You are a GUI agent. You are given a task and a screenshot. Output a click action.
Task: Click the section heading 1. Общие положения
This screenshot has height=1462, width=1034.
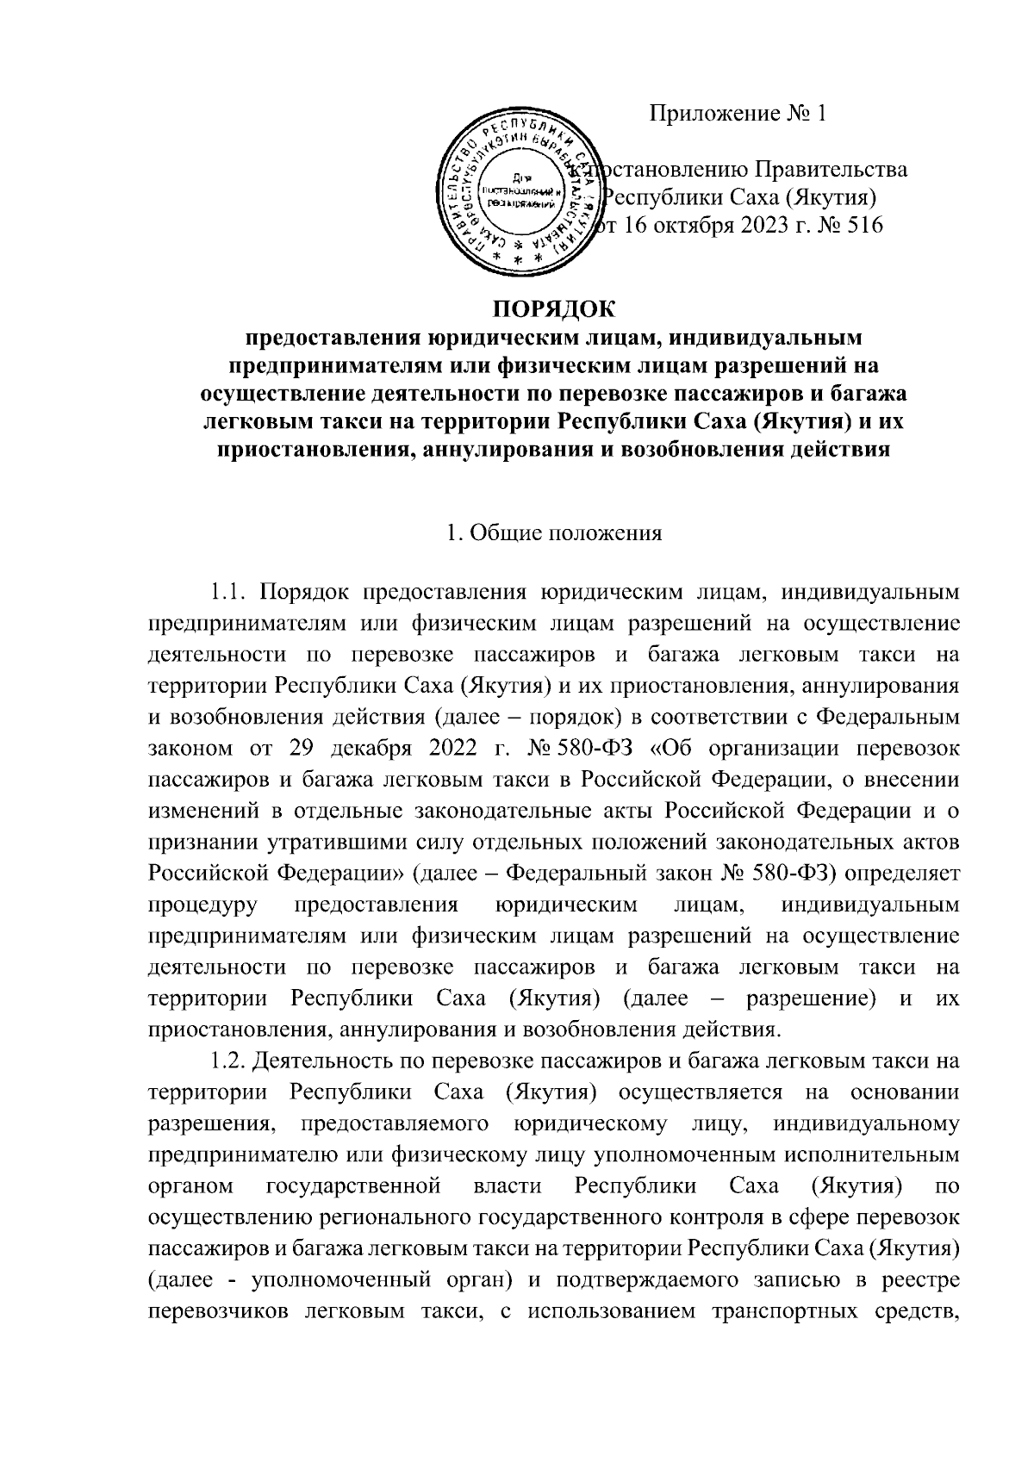click(x=554, y=532)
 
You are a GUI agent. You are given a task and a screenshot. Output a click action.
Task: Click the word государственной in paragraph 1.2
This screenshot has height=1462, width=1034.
click(x=354, y=1187)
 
